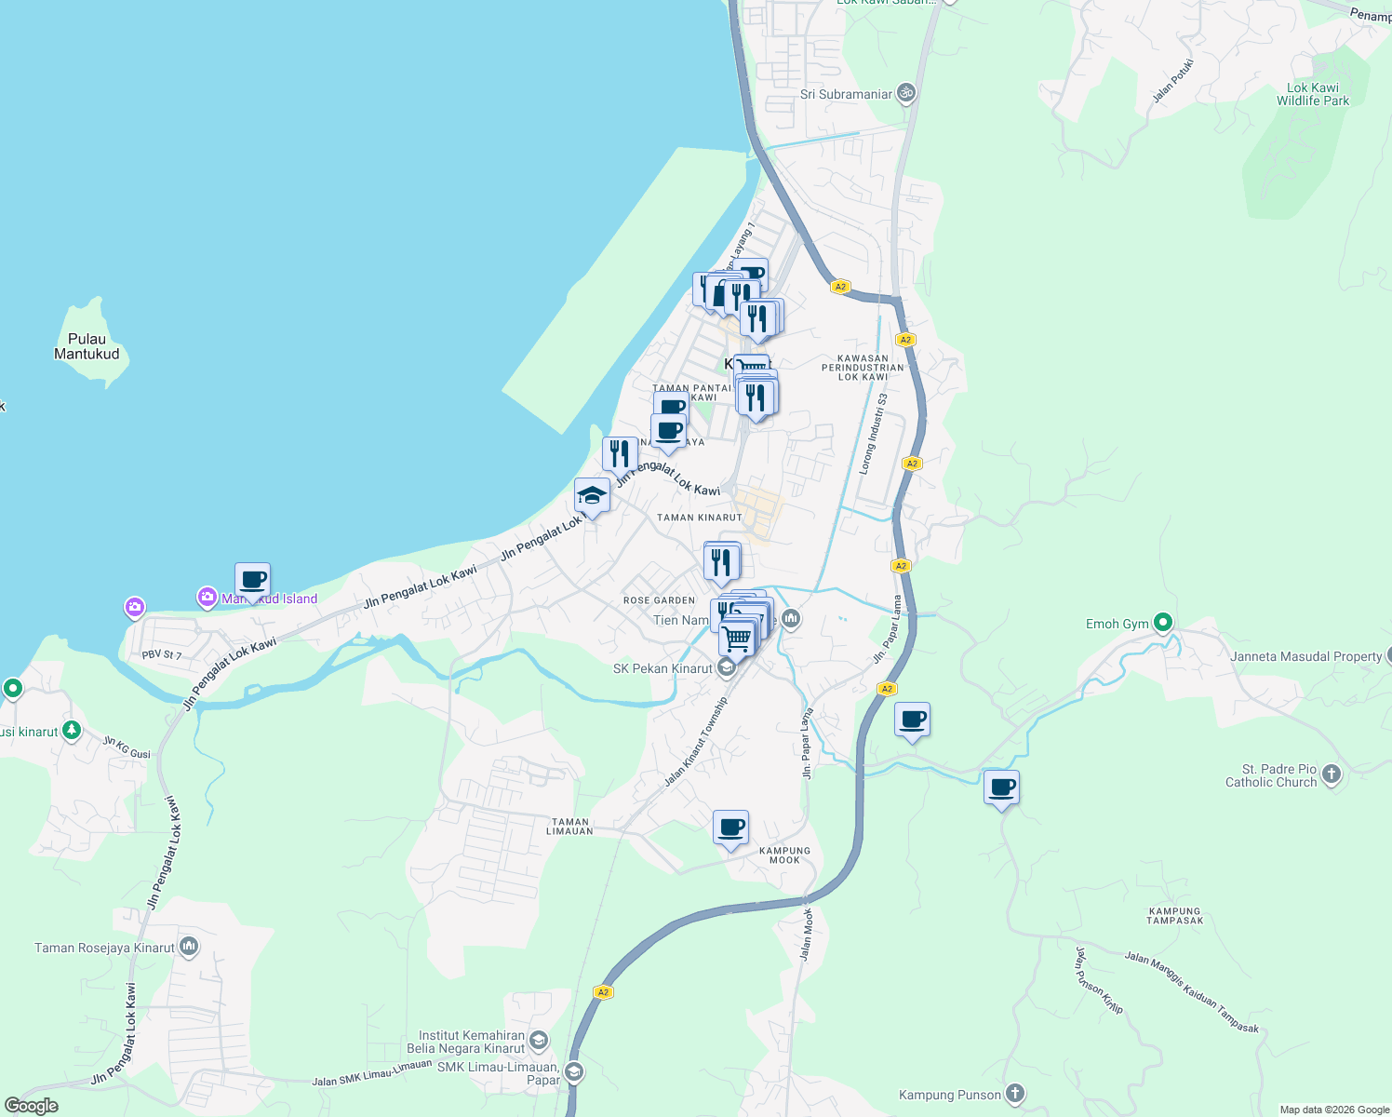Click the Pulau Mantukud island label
87,346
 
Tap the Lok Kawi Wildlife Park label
1312,94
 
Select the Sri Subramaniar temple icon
906,93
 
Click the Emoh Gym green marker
1162,623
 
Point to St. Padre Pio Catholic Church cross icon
1332,774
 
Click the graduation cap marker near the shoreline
592,495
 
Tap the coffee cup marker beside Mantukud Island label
253,580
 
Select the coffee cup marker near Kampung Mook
731,827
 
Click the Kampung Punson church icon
1015,1095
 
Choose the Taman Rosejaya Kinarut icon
189,948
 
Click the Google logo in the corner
31,1106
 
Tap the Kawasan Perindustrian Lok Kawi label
863,367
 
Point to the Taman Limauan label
570,827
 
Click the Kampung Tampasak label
1175,916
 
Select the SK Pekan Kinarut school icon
726,668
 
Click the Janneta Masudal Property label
1305,656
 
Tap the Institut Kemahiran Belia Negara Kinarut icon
538,1041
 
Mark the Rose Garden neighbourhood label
659,600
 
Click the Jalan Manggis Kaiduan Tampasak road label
1191,992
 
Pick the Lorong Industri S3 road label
873,434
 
